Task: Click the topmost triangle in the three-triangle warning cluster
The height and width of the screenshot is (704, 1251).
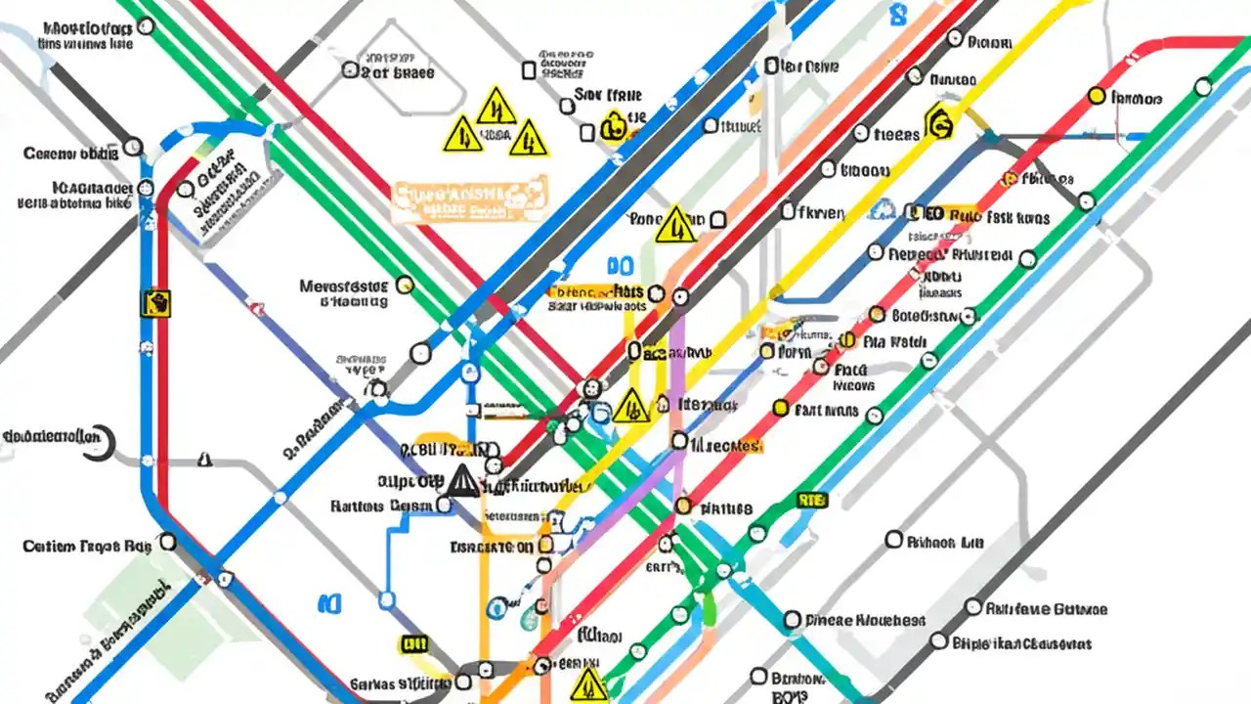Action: (x=496, y=106)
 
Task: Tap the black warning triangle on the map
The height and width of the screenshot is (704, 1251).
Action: (x=463, y=480)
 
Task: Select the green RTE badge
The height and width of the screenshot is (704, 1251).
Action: (x=812, y=501)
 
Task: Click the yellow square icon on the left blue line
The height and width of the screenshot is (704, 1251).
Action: (x=155, y=302)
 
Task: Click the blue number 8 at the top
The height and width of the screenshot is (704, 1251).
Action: (x=897, y=15)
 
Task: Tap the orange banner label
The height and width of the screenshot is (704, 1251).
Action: (x=467, y=199)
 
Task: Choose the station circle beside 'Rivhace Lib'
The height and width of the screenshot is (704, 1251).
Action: (x=893, y=540)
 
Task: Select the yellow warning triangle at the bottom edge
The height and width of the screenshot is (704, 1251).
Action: (x=588, y=684)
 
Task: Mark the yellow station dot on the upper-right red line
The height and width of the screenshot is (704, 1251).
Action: (x=1097, y=96)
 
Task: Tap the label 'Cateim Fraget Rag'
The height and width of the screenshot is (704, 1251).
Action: (x=86, y=547)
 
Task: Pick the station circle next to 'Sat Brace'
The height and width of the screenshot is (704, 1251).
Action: (x=350, y=69)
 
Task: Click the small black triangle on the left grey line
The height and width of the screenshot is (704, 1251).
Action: (x=204, y=459)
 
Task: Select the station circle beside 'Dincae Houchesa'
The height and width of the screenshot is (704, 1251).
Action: (x=792, y=620)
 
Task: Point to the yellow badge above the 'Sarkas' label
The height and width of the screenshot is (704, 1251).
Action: (x=414, y=643)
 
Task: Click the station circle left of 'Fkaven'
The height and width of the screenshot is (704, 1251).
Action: (x=788, y=210)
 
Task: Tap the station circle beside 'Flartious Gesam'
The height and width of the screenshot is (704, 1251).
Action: (x=445, y=506)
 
